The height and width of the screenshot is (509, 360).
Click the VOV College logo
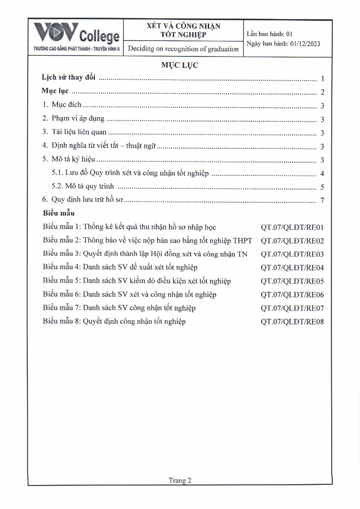point(76,36)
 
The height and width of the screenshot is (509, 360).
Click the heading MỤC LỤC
point(180,65)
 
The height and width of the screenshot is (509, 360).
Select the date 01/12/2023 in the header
point(305,44)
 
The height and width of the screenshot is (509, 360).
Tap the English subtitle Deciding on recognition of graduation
point(183,49)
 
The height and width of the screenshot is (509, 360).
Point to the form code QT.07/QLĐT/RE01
point(292,227)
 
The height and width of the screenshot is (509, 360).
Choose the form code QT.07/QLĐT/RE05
point(292,281)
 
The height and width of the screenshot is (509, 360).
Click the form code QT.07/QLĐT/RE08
point(292,322)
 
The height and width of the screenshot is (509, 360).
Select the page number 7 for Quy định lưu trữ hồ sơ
point(322,200)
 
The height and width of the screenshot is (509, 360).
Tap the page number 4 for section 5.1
point(322,174)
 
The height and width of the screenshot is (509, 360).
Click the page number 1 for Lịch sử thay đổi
point(322,79)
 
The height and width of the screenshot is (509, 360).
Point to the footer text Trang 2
point(180,481)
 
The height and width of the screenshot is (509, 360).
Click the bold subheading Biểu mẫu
point(59,213)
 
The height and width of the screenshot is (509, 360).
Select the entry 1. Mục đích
point(62,105)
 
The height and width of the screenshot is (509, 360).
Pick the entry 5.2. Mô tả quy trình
point(83,186)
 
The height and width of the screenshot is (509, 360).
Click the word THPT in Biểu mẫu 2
point(243,241)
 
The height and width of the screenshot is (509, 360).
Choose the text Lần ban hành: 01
point(269,34)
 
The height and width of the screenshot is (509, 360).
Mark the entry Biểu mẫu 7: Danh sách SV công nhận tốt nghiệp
point(119,308)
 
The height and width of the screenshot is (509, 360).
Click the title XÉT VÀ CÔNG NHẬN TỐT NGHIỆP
point(183,30)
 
